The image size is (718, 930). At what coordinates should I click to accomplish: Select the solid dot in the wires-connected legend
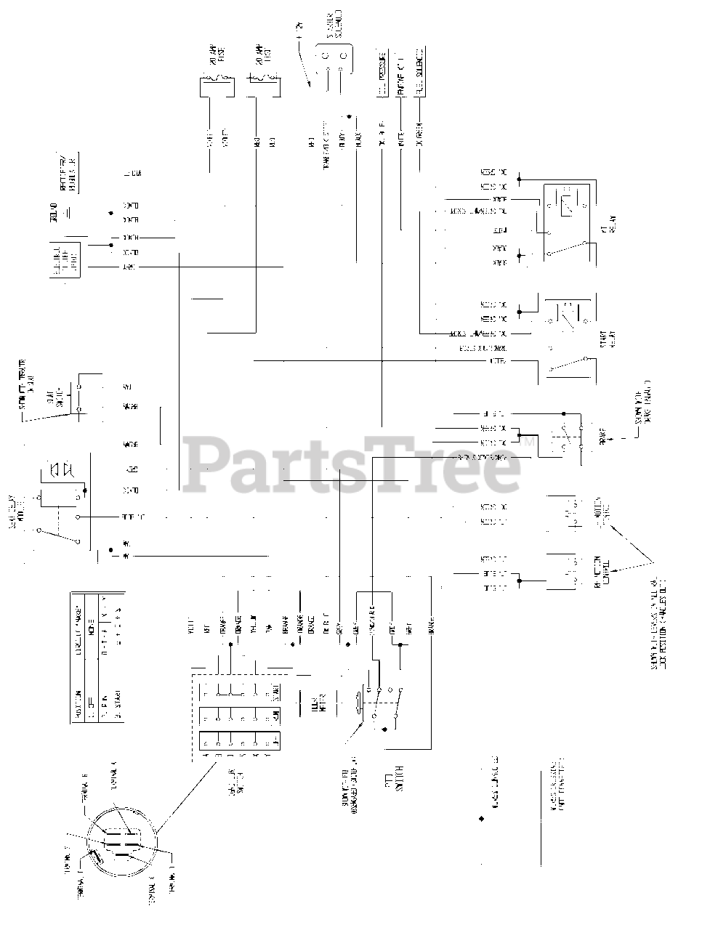point(481,819)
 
